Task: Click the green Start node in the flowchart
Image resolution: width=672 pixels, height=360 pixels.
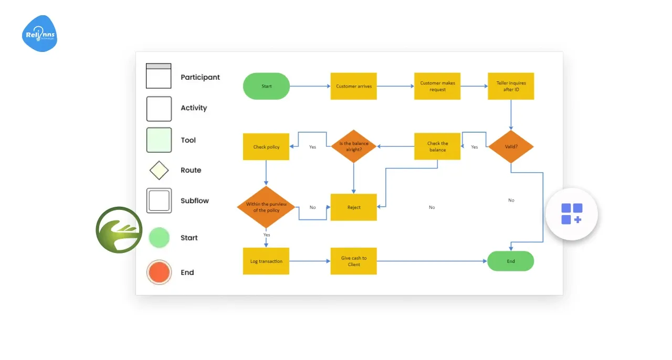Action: coord(266,86)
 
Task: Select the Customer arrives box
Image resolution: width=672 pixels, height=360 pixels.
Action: coord(353,86)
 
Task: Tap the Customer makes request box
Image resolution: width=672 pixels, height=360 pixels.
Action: coord(437,86)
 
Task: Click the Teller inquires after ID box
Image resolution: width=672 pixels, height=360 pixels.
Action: coord(511,86)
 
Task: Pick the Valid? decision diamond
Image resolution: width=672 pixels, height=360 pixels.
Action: coord(511,146)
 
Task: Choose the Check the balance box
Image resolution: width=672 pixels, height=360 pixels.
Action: coord(437,146)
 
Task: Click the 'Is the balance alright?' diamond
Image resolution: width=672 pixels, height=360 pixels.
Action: coord(354,146)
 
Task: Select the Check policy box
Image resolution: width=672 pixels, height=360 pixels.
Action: coord(266,146)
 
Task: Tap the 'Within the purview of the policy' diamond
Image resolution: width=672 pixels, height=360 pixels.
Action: coord(266,207)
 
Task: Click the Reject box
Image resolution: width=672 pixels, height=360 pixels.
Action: coord(353,207)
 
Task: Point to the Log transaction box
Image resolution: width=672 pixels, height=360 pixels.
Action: coord(266,261)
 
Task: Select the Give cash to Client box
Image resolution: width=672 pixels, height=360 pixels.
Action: coord(353,261)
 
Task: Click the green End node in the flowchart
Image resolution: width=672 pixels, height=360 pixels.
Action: coord(510,261)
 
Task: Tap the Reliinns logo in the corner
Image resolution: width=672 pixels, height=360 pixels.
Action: coord(39,34)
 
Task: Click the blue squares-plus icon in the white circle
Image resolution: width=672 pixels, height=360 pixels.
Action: coord(571,214)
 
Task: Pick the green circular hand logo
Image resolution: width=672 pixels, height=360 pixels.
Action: coord(119,230)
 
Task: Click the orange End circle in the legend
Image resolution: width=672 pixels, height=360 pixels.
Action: coord(159,273)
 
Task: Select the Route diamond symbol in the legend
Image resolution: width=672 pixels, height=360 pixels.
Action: coord(159,171)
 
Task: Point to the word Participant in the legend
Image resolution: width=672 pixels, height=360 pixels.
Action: coord(200,77)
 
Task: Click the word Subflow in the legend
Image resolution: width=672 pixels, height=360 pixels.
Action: coord(194,200)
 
